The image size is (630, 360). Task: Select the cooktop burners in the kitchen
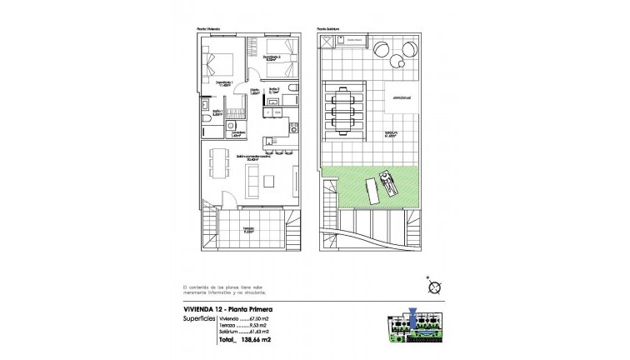(x=294, y=127)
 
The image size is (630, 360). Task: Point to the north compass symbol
(x=433, y=287)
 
